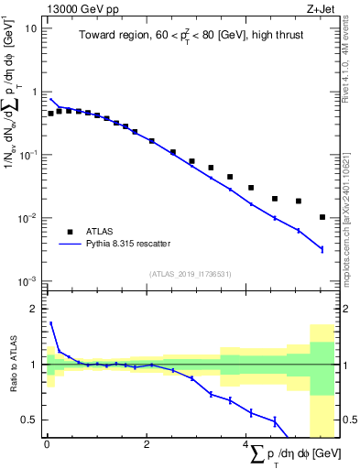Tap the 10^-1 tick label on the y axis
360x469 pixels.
tap(28, 155)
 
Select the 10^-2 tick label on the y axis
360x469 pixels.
tap(28, 218)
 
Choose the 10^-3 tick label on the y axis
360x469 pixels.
tap(28, 281)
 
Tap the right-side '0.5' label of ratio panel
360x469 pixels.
tap(347, 420)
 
